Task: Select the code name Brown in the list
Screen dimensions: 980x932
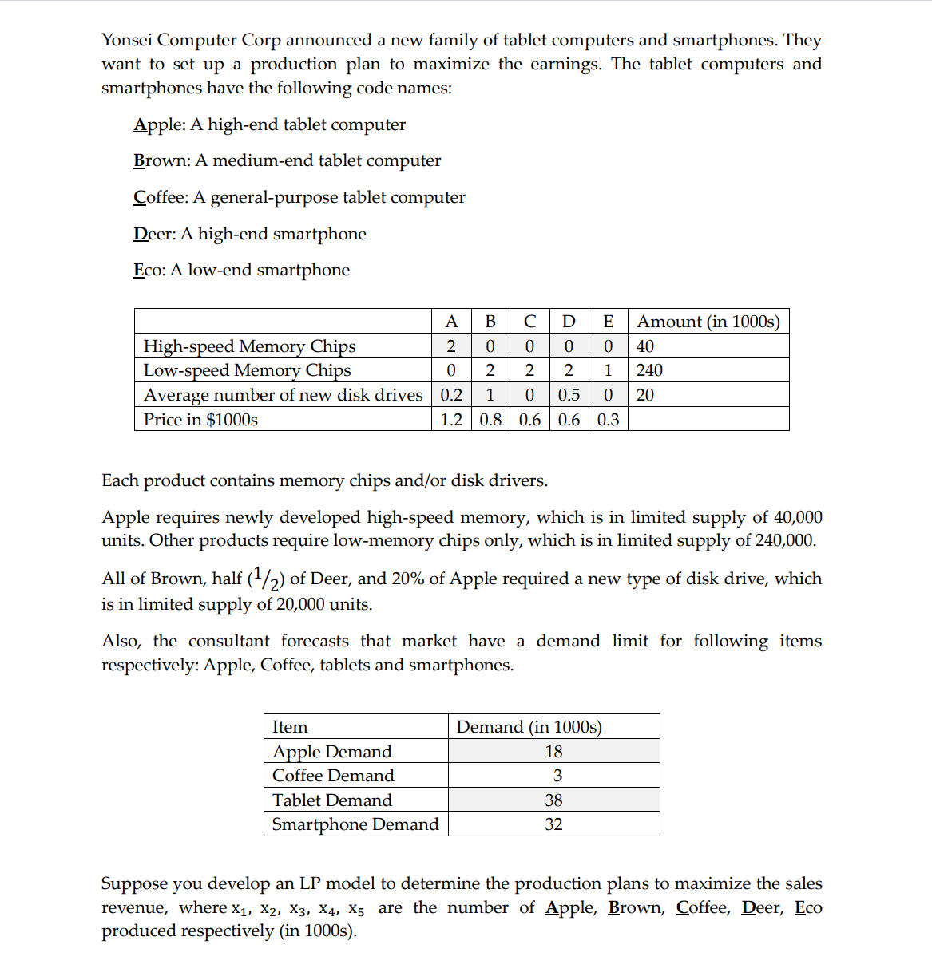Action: pyautogui.click(x=161, y=160)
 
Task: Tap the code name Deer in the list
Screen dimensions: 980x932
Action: pyautogui.click(x=153, y=234)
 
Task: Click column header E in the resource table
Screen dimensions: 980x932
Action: pyautogui.click(x=608, y=322)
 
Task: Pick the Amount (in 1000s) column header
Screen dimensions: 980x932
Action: pyautogui.click(x=708, y=322)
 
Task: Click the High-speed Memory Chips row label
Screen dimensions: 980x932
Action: pyautogui.click(x=249, y=346)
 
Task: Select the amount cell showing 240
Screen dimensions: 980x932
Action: pyautogui.click(x=649, y=370)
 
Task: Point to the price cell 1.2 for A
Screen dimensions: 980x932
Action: pyautogui.click(x=451, y=420)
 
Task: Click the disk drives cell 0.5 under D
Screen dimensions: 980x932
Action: pyautogui.click(x=569, y=395)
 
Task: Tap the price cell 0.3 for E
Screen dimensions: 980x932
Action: pyautogui.click(x=608, y=420)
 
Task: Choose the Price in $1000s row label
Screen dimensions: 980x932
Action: pyautogui.click(x=200, y=420)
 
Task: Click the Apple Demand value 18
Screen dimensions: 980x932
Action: pyautogui.click(x=553, y=752)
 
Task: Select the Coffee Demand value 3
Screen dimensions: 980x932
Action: pyautogui.click(x=557, y=776)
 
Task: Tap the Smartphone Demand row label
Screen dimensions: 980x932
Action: pyautogui.click(x=355, y=824)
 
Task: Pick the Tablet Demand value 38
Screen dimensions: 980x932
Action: pyautogui.click(x=553, y=800)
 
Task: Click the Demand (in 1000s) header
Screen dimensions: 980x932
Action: pyautogui.click(x=529, y=727)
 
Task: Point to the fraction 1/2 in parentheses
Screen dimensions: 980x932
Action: pyautogui.click(x=266, y=579)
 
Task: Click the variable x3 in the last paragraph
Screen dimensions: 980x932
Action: pyautogui.click(x=298, y=909)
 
